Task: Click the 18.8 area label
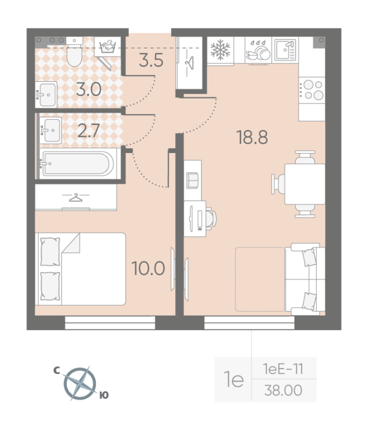click(252, 138)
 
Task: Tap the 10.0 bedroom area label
click(148, 267)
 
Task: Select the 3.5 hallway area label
click(151, 60)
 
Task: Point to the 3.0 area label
click(88, 89)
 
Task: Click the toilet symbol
click(74, 54)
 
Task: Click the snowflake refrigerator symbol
click(219, 50)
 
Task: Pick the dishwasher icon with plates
click(258, 50)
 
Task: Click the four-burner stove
click(312, 89)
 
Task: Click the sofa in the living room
click(307, 279)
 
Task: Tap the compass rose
click(80, 383)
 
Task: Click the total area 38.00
click(282, 390)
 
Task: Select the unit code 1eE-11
click(282, 369)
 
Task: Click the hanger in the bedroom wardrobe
click(75, 198)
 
